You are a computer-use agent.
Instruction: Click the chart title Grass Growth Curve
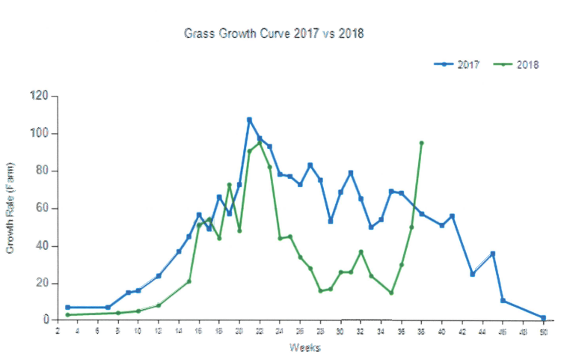pyautogui.click(x=274, y=34)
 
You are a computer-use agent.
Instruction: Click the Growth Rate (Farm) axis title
pyautogui.click(x=10, y=208)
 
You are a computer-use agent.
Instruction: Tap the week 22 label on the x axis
pyautogui.click(x=259, y=331)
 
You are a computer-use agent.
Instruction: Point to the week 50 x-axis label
pyautogui.click(x=543, y=331)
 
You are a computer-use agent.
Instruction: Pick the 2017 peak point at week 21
pyautogui.click(x=249, y=120)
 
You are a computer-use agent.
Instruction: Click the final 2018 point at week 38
pyautogui.click(x=421, y=143)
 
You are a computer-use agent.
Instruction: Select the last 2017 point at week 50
pyautogui.click(x=543, y=318)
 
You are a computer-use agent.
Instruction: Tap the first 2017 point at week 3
pyautogui.click(x=67, y=308)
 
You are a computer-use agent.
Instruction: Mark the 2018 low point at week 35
pyautogui.click(x=391, y=293)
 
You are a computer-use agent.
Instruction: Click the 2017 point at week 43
pyautogui.click(x=472, y=274)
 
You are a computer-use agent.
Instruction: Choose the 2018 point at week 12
pyautogui.click(x=159, y=305)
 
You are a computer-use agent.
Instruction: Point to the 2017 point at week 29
pyautogui.click(x=331, y=221)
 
